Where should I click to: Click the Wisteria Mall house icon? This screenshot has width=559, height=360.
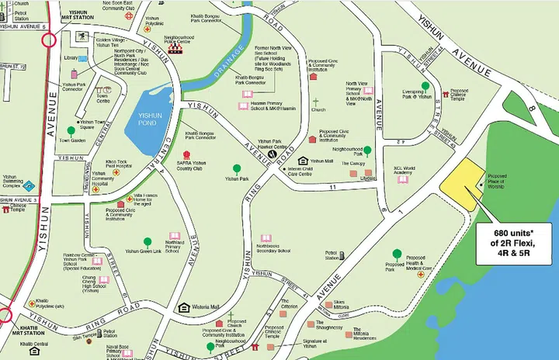184,307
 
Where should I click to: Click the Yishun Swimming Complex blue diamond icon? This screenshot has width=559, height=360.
29,186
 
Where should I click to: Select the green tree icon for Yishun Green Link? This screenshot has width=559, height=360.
148,242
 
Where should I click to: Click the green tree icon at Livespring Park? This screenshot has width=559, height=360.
425,86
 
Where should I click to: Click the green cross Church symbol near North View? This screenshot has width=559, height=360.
315,102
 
